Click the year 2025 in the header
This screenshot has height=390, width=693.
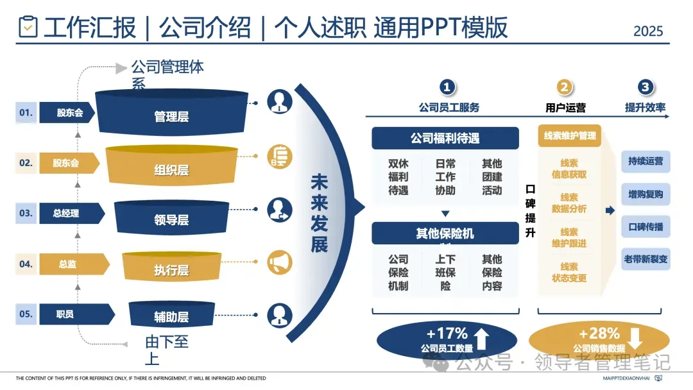(648, 31)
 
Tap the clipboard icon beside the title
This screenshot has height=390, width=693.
(28, 27)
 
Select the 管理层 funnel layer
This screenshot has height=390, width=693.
(171, 116)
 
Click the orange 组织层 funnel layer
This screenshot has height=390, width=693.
(171, 169)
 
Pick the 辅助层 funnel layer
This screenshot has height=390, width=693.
(171, 316)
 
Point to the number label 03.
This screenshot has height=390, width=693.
(26, 213)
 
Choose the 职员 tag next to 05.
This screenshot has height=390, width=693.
(65, 314)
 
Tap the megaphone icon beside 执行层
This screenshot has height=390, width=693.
(280, 262)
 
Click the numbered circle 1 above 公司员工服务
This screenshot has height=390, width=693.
(447, 88)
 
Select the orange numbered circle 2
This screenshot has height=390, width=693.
(565, 88)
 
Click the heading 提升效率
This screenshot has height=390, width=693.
(645, 108)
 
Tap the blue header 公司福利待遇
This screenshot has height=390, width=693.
(445, 138)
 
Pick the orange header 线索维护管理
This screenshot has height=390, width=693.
(569, 135)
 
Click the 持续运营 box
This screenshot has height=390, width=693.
(646, 162)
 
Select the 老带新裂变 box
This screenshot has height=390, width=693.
(646, 260)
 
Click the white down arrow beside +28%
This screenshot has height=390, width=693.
(635, 338)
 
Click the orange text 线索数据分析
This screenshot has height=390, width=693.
(569, 203)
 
